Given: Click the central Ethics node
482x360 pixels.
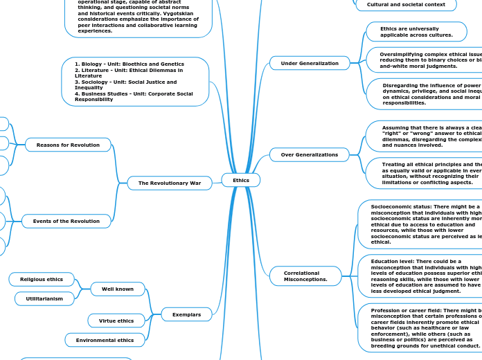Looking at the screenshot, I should pos(240,180).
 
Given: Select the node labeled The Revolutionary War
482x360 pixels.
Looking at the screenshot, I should pos(170,183).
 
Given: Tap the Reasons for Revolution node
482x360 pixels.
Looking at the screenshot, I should pos(68,145).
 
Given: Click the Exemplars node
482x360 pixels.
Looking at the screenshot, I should pos(186,314).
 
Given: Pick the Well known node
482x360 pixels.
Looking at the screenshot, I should pos(118,289).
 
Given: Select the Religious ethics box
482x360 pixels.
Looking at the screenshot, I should pos(42,279).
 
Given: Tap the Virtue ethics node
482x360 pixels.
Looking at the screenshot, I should pos(116,321).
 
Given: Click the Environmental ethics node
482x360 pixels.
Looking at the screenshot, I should pos(105,340).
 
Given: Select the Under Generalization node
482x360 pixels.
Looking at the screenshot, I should pos(310,63).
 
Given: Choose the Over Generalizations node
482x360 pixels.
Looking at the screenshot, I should pos(310,154).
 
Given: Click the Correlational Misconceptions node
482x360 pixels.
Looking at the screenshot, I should pos(305,276).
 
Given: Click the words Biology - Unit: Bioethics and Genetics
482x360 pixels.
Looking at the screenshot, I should pos(130,64).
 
